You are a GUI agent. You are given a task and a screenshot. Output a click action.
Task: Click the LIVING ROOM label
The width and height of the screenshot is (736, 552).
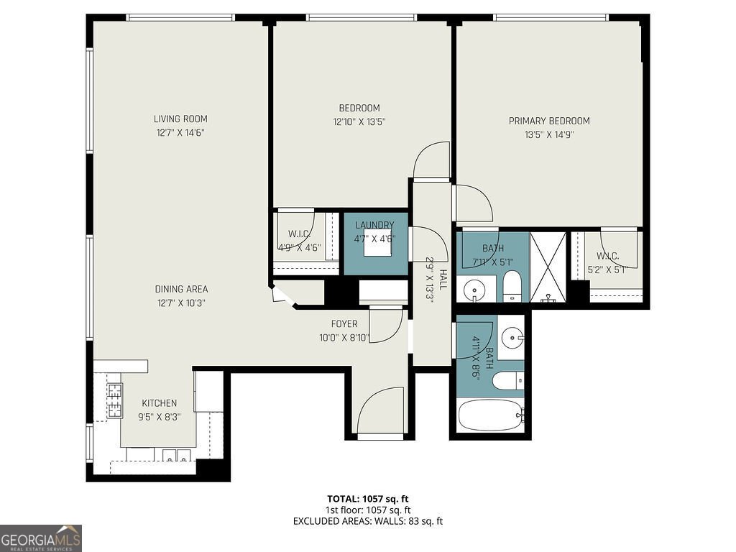pyautogui.click(x=180, y=119)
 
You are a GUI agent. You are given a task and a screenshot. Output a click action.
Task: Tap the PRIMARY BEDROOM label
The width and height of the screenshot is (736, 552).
pyautogui.click(x=549, y=121)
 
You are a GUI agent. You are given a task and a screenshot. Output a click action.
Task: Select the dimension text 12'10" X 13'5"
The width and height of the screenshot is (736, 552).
pyautogui.click(x=360, y=121)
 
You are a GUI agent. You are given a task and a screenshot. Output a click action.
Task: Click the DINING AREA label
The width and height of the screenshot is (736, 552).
pyautogui.click(x=181, y=289)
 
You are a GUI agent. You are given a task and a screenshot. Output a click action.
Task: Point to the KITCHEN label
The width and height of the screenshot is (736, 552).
pyautogui.click(x=159, y=403)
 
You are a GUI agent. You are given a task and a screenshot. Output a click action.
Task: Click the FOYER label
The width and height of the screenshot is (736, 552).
pyautogui.click(x=344, y=324)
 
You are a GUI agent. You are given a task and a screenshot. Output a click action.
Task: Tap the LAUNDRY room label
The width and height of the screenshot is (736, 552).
pyautogui.click(x=374, y=225)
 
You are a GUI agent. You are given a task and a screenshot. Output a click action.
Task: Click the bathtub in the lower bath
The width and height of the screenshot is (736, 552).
pyautogui.click(x=491, y=415)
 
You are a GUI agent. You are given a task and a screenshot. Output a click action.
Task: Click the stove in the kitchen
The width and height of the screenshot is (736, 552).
pyautogui.click(x=114, y=401)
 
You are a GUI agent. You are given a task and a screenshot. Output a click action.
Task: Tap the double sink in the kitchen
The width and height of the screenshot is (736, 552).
pyautogui.click(x=175, y=454)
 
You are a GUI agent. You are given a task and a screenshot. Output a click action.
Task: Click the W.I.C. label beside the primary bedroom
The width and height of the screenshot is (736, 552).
pyautogui.click(x=607, y=257)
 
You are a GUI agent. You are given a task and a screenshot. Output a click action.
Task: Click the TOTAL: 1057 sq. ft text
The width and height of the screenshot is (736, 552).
pyautogui.click(x=368, y=498)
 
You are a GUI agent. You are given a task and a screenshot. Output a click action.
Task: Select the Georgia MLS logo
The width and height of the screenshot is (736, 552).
pyautogui.click(x=41, y=538)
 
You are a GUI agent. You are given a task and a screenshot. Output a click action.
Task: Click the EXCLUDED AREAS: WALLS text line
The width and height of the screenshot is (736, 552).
pyautogui.click(x=368, y=521)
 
